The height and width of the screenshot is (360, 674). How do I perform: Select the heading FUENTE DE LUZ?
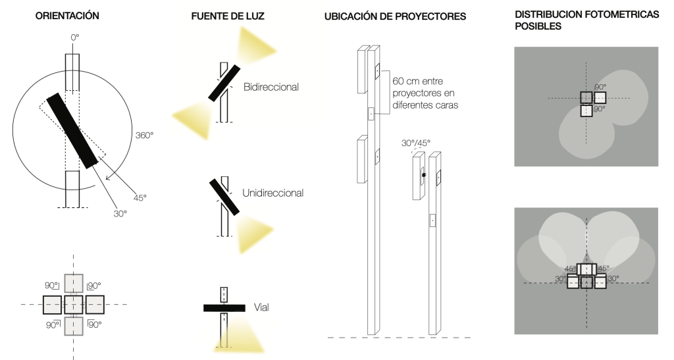tap(225, 15)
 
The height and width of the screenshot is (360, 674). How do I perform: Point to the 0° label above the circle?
tap(74, 39)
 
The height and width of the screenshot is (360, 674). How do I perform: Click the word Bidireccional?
tap(271, 87)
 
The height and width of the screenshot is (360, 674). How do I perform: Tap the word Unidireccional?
tap(273, 193)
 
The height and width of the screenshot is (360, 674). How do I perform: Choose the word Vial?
tap(261, 307)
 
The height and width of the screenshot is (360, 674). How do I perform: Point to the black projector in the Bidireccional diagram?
tap(223, 84)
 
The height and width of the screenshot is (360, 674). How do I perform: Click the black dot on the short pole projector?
tap(424, 175)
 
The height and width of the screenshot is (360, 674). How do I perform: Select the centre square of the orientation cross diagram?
tap(73, 305)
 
